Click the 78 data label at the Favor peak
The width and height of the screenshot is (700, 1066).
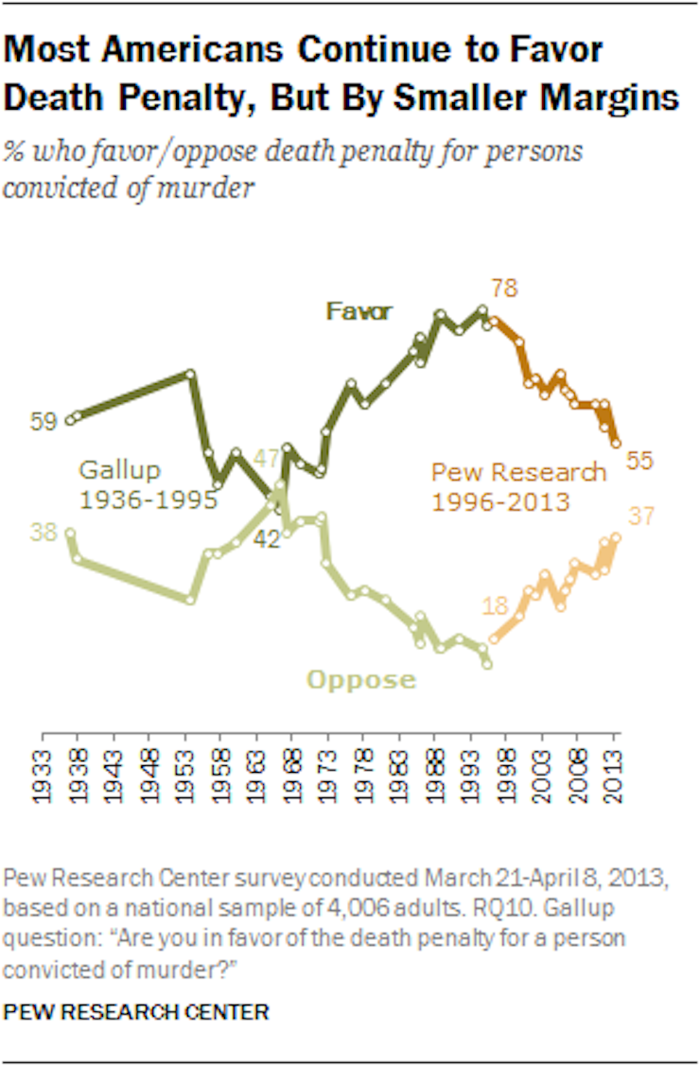pyautogui.click(x=504, y=288)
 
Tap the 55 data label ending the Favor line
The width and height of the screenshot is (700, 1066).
pyautogui.click(x=640, y=461)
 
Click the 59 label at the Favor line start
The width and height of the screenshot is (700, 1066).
pyautogui.click(x=43, y=421)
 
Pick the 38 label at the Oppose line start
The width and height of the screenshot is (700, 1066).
pyautogui.click(x=43, y=532)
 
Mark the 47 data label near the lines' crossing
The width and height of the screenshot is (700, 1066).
pyautogui.click(x=267, y=460)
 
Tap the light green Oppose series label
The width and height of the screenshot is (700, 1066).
pyautogui.click(x=360, y=679)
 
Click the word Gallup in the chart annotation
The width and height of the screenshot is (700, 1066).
pyautogui.click(x=120, y=469)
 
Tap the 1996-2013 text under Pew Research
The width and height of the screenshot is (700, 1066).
pyautogui.click(x=500, y=500)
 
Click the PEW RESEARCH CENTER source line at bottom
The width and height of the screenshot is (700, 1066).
pyautogui.click(x=136, y=1012)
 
